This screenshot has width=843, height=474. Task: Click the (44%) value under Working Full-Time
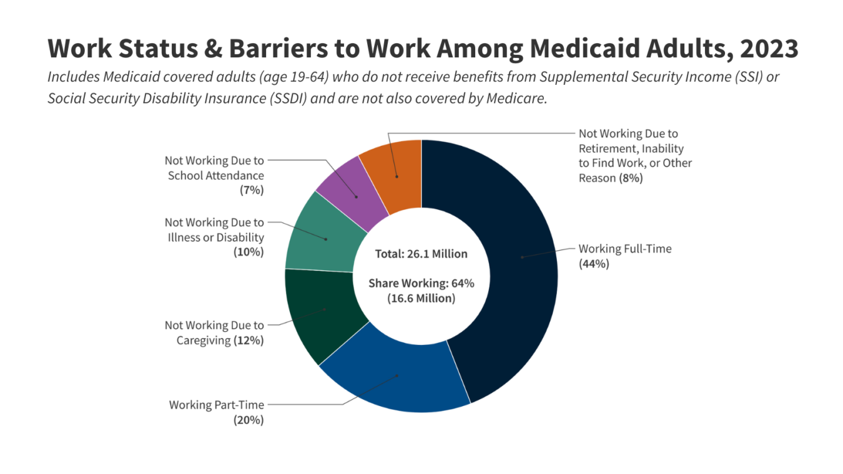tap(594, 264)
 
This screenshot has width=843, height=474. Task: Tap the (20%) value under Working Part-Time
tap(249, 420)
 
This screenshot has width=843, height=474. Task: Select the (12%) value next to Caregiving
tap(249, 341)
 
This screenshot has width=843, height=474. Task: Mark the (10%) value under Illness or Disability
tap(249, 253)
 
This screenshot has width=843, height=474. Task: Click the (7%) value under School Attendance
tap(252, 191)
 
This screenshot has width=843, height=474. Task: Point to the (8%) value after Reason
tap(631, 178)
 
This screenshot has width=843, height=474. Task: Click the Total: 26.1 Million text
tap(421, 254)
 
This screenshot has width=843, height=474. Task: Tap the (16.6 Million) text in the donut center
tap(421, 299)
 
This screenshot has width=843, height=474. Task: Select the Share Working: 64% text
tap(421, 283)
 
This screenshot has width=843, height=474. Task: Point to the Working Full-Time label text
tap(625, 249)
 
